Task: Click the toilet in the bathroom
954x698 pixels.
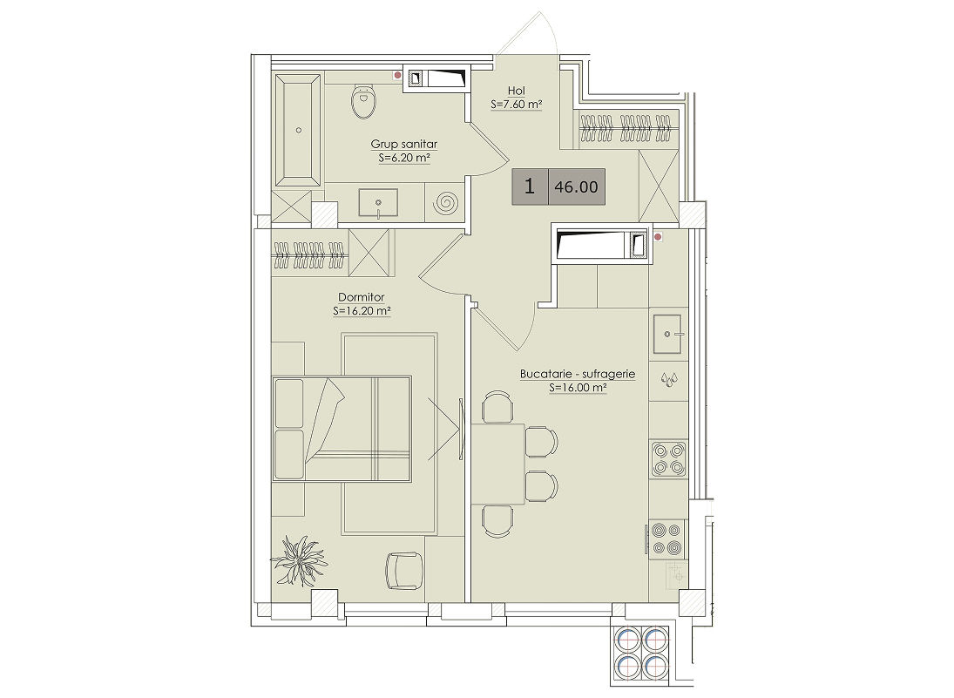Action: click(x=364, y=101)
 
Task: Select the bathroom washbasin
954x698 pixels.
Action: click(x=378, y=203)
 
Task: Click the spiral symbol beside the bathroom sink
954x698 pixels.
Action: click(x=446, y=202)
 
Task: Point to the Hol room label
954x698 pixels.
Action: click(x=516, y=91)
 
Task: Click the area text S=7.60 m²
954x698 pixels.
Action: click(x=516, y=105)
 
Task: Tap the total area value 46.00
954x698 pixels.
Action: click(x=576, y=186)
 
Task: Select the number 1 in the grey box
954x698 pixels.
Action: click(x=530, y=186)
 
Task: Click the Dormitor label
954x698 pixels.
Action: click(x=362, y=297)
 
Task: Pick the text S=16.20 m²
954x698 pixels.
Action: click(x=362, y=311)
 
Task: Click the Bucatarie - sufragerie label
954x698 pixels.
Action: click(x=578, y=374)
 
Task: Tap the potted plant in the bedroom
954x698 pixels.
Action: click(x=298, y=559)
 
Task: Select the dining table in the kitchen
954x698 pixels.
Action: click(x=498, y=464)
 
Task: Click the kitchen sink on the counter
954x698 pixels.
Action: click(x=668, y=334)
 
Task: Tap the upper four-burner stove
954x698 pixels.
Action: click(x=668, y=459)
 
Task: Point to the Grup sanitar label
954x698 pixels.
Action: click(x=404, y=145)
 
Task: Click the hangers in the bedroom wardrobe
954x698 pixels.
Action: click(x=309, y=254)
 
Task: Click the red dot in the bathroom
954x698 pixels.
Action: click(x=398, y=76)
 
